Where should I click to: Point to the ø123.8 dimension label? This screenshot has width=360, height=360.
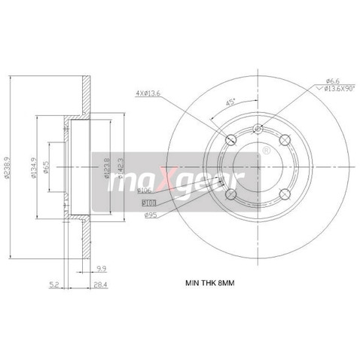point(108,166)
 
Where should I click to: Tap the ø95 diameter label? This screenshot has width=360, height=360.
point(149,213)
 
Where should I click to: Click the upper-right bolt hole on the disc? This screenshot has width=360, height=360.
point(285,140)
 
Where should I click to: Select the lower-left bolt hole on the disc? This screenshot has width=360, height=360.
point(231,194)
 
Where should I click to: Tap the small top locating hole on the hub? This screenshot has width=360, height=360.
point(258,129)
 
